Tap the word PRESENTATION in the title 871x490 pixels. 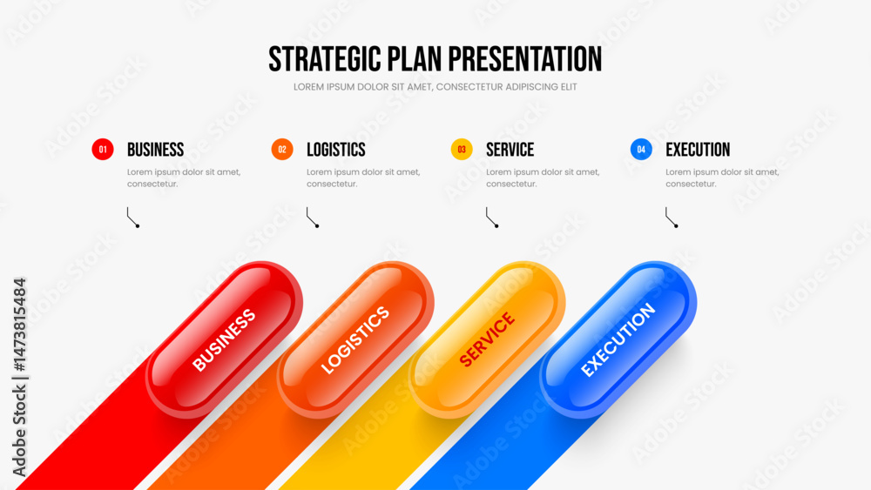(525, 59)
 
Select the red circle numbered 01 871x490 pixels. (103, 150)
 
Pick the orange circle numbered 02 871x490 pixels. (282, 150)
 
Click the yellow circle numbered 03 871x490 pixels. (462, 150)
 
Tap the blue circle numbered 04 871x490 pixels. (641, 150)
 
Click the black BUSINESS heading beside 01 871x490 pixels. (156, 150)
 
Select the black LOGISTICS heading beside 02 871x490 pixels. (336, 150)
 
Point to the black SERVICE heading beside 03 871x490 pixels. (510, 150)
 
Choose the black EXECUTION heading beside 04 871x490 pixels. (698, 150)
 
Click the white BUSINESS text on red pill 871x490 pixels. (224, 339)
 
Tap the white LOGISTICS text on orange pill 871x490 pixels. (355, 339)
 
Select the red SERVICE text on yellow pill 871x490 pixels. (487, 339)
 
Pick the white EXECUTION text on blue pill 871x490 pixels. (618, 339)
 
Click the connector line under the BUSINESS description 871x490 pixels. (132, 218)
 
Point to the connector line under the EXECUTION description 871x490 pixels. (671, 218)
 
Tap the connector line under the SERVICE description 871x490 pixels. (491, 218)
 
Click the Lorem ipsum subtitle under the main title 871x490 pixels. (435, 87)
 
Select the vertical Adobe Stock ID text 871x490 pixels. (19, 378)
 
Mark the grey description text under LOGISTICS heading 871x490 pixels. (363, 178)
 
